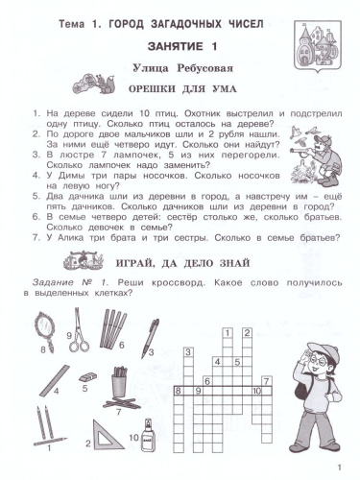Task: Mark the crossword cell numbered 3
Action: (214, 360)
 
